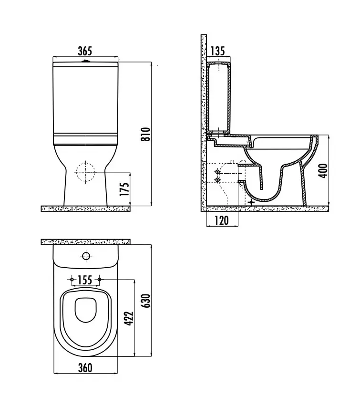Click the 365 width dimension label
click(x=85, y=51)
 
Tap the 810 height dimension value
click(x=146, y=134)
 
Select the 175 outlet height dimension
click(x=125, y=189)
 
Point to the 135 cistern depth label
click(x=217, y=51)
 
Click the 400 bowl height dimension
click(x=323, y=170)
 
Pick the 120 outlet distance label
click(x=222, y=220)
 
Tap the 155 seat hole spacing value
click(x=85, y=280)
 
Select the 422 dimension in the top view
click(x=129, y=318)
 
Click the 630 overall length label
click(x=146, y=301)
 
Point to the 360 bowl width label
click(x=85, y=368)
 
